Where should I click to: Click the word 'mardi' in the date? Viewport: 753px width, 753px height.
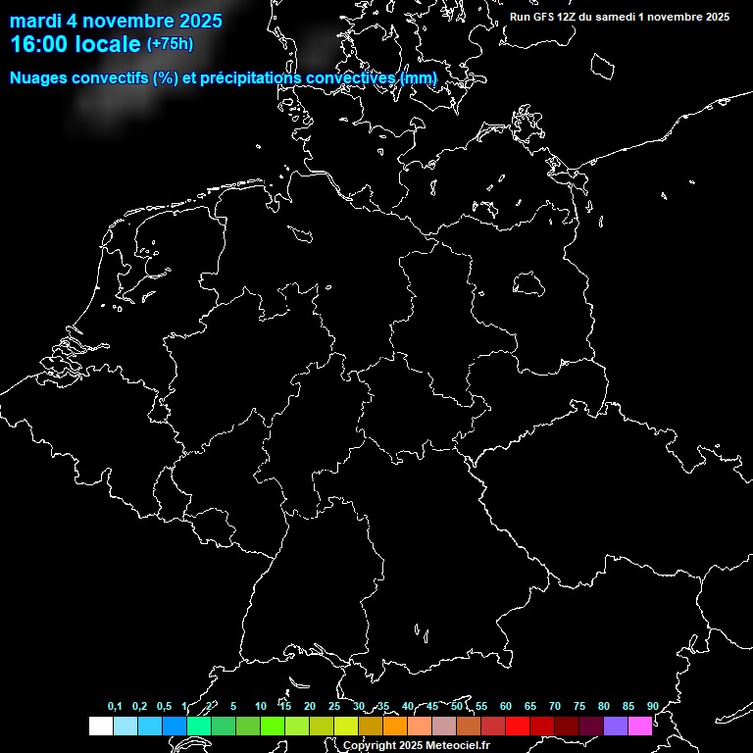pyautogui.click(x=35, y=21)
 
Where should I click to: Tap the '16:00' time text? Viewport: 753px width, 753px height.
pyautogui.click(x=36, y=44)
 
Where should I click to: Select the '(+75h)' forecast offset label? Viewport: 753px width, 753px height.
pyautogui.click(x=170, y=43)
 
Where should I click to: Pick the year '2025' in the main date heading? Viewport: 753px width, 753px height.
pyautogui.click(x=196, y=21)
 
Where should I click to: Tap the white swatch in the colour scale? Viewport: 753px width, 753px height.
pyautogui.click(x=100, y=726)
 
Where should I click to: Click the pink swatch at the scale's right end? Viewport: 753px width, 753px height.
pyautogui.click(x=640, y=726)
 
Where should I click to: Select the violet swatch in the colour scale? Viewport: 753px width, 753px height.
pyautogui.click(x=616, y=726)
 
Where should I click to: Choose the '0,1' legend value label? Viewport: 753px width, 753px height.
pyautogui.click(x=115, y=707)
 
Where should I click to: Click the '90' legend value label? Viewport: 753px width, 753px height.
pyautogui.click(x=652, y=707)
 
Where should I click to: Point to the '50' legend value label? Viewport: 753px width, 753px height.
pyautogui.click(x=457, y=707)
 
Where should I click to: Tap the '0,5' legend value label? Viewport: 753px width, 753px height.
pyautogui.click(x=164, y=707)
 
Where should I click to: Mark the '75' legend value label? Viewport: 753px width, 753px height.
pyautogui.click(x=579, y=707)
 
